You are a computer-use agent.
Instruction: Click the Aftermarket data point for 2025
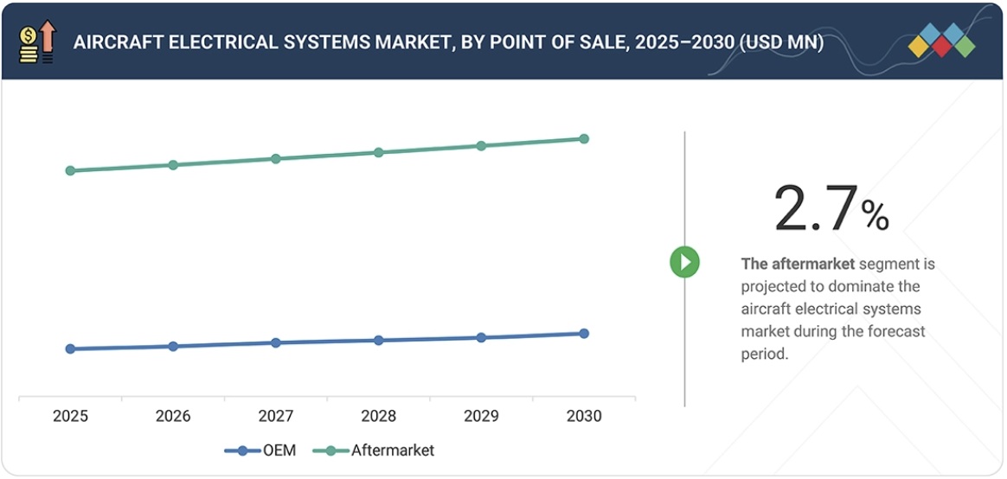(70, 170)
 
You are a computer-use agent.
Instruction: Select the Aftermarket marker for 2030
(584, 138)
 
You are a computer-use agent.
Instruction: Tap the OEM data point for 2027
(276, 342)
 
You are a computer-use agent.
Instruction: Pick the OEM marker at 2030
(584, 333)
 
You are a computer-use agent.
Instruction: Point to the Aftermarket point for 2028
(378, 152)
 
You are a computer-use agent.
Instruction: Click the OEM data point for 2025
(70, 348)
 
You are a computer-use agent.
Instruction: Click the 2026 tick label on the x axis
(173, 417)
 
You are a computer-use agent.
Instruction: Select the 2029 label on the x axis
(481, 417)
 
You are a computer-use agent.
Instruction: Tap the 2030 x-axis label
(584, 417)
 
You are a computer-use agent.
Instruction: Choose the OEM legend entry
(260, 450)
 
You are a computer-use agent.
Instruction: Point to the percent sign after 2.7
(875, 216)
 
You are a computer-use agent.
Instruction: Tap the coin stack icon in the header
(29, 43)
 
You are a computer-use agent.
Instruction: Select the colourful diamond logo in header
(942, 42)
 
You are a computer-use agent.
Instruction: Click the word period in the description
(765, 354)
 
